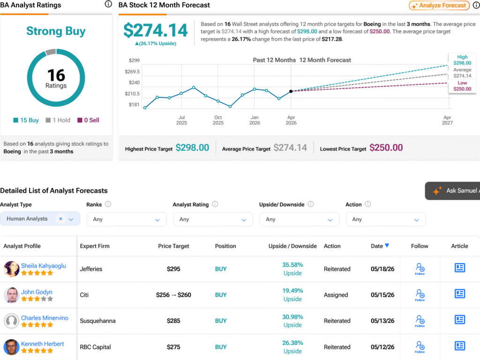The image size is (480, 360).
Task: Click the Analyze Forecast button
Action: click(439, 6)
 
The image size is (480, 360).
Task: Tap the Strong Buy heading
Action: click(56, 31)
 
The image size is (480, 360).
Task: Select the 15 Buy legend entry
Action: click(26, 120)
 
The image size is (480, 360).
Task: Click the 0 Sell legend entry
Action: click(88, 120)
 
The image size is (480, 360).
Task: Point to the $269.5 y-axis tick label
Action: click(132, 72)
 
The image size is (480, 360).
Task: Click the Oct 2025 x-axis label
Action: click(218, 120)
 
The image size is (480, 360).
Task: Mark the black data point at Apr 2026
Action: click(291, 91)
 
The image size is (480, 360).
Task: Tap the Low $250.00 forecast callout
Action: click(462, 86)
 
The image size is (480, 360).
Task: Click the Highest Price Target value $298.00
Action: click(192, 148)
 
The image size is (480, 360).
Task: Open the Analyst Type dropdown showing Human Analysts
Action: click(40, 219)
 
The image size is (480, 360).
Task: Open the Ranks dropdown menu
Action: click(127, 219)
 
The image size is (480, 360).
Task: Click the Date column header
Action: click(380, 246)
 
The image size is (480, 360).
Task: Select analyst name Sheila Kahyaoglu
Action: click(44, 266)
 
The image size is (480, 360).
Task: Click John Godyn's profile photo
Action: click(12, 295)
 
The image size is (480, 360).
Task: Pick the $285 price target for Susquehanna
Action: click(173, 321)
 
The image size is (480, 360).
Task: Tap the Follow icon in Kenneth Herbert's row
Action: click(420, 347)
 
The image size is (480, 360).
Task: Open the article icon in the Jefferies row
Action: click(460, 268)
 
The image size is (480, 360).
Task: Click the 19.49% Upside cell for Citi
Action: click(292, 295)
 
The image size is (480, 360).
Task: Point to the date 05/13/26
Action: click(382, 321)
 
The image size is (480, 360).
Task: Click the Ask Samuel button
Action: click(452, 191)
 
